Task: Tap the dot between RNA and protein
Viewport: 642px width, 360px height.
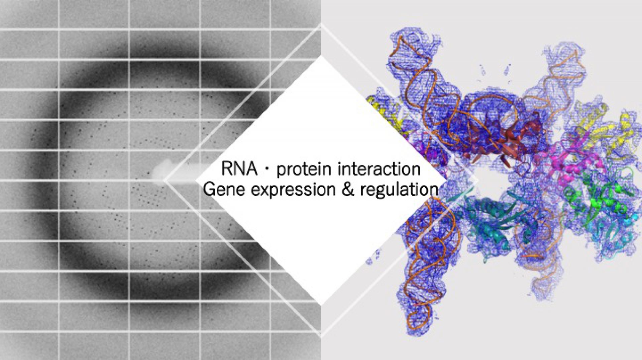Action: coord(267,169)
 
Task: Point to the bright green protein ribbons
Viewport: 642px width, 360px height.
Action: coord(595,197)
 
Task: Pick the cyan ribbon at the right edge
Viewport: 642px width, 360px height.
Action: coord(629,217)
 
